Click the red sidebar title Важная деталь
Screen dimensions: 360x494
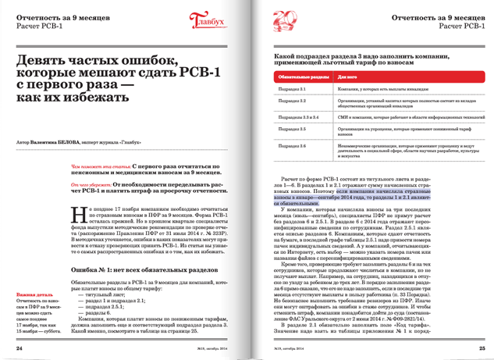[33, 295]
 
